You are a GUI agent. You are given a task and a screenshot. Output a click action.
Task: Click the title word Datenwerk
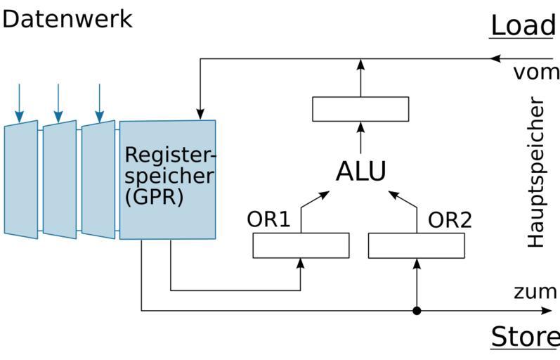click(67, 18)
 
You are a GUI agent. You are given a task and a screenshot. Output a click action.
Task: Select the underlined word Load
click(522, 25)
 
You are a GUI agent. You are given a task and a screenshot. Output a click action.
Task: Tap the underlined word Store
click(523, 337)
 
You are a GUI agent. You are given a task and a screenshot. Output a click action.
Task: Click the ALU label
click(360, 172)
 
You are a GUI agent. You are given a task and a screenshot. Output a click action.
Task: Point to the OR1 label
click(268, 219)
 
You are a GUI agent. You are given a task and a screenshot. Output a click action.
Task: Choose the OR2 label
click(450, 219)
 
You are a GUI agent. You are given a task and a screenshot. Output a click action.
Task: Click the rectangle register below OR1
click(301, 245)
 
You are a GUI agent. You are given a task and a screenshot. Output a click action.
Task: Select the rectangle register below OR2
click(417, 245)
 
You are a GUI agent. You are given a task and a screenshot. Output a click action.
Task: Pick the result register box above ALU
click(360, 109)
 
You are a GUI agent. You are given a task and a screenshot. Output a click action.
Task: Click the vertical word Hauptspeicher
click(537, 172)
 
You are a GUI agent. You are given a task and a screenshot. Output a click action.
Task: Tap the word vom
click(536, 73)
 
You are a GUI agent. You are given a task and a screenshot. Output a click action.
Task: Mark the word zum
click(535, 292)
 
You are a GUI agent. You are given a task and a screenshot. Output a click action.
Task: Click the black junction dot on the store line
click(417, 310)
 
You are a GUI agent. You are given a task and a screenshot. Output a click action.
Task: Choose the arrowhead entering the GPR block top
click(200, 114)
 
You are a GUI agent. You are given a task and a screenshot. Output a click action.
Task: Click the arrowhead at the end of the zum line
click(547, 310)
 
